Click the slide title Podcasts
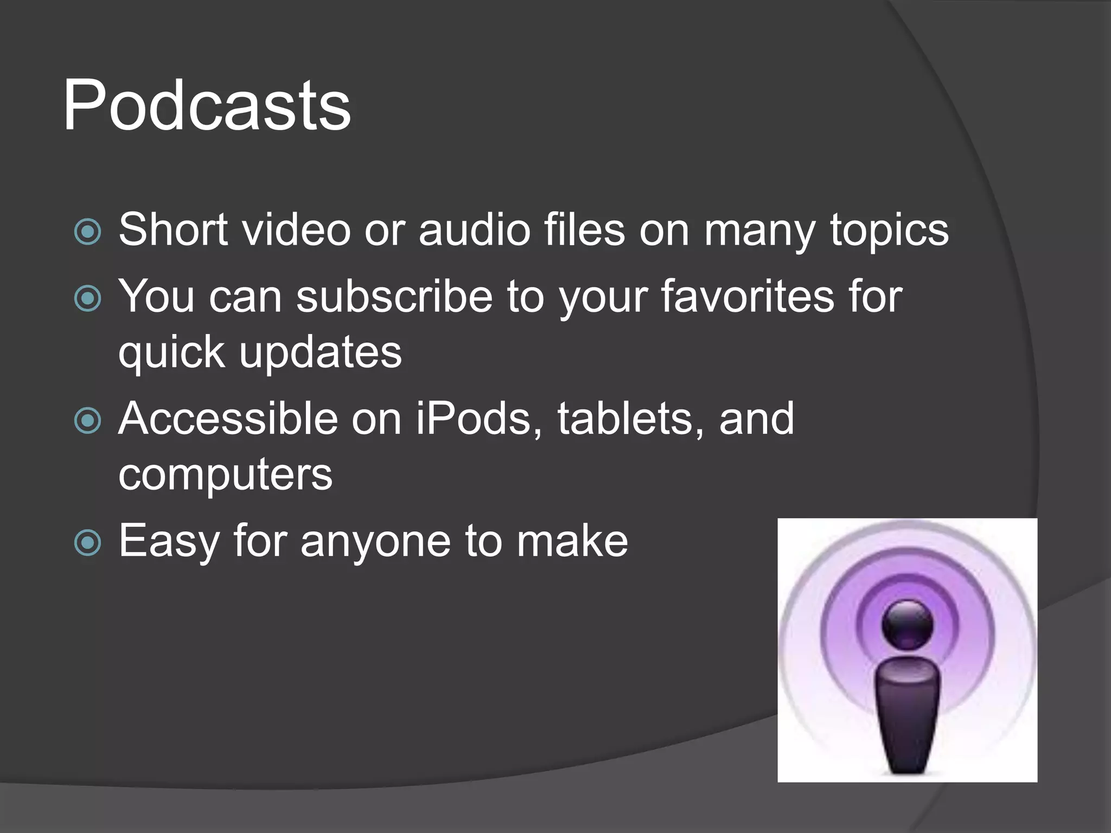click(207, 106)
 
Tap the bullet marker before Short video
click(87, 232)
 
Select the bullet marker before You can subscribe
click(87, 298)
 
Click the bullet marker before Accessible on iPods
click(87, 420)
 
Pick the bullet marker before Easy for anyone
click(87, 542)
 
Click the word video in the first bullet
click(296, 230)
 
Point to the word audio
click(474, 230)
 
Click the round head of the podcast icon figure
click(908, 624)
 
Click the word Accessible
click(228, 419)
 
